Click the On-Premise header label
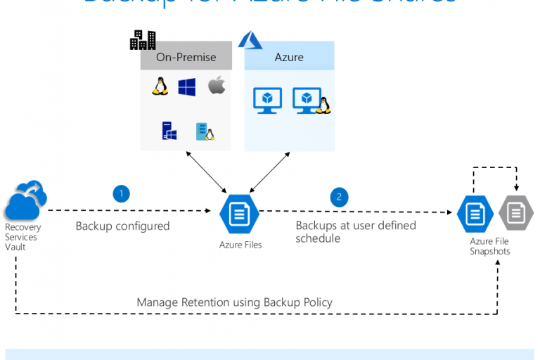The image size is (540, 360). coord(186,58)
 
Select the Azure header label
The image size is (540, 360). coord(289,58)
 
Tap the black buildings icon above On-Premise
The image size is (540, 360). coord(143,40)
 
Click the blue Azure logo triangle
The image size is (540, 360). coord(250,40)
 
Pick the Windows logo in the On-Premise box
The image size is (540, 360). coord(186,87)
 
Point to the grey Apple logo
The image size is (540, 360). coord(217,86)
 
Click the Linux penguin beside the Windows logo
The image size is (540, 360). coord(159,87)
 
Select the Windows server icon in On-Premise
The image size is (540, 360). coord(169,131)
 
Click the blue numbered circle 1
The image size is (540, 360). coord(121,193)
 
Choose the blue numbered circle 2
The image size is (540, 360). coord(339,198)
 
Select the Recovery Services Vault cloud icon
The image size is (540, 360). coord(25,202)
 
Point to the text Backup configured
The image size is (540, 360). coord(122,226)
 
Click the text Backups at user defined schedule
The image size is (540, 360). coord(355,232)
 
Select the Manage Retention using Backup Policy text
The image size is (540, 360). coord(234,302)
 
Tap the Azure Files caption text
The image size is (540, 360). coord(240,245)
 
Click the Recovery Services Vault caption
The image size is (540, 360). coord(23,238)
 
